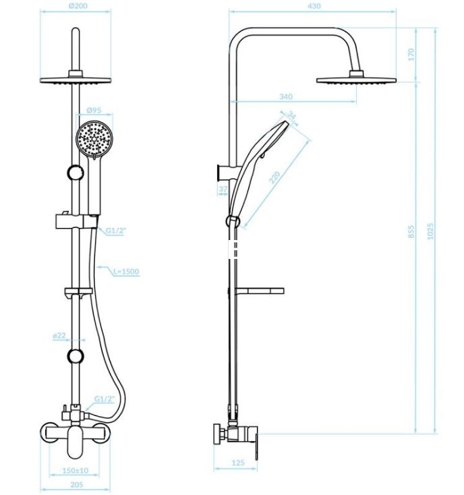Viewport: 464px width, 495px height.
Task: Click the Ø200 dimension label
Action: (x=78, y=5)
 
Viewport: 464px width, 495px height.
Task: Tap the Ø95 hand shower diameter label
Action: (x=94, y=110)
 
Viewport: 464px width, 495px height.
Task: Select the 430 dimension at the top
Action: (x=314, y=5)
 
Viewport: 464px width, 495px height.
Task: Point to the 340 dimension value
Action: (x=286, y=96)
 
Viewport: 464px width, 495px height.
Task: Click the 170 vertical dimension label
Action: (x=411, y=55)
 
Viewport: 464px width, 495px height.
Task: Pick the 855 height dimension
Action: (x=411, y=231)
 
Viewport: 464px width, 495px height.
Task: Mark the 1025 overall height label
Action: (x=430, y=231)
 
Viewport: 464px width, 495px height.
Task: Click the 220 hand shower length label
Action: (x=274, y=177)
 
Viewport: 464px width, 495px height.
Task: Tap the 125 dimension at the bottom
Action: (x=238, y=463)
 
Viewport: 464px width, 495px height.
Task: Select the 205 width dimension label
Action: (x=77, y=485)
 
